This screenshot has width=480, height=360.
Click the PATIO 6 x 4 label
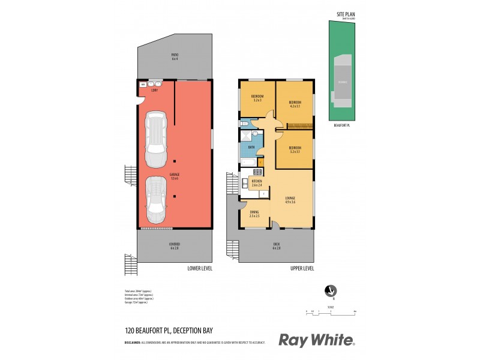(x=175, y=56)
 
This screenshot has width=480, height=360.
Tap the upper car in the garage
(x=157, y=135)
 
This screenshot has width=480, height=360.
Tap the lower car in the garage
(x=157, y=201)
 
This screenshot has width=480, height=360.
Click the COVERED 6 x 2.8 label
(x=175, y=246)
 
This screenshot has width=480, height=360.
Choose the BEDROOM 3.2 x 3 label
(x=257, y=98)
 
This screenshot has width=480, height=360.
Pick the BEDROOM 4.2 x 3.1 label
(x=294, y=103)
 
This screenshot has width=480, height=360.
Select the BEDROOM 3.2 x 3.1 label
(x=294, y=149)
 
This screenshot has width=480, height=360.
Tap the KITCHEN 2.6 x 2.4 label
(x=257, y=183)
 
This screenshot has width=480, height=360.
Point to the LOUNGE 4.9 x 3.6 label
(x=291, y=200)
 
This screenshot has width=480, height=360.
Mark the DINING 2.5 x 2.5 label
(x=254, y=214)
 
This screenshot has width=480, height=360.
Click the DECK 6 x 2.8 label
(x=277, y=246)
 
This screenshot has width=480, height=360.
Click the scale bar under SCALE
(x=331, y=312)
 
